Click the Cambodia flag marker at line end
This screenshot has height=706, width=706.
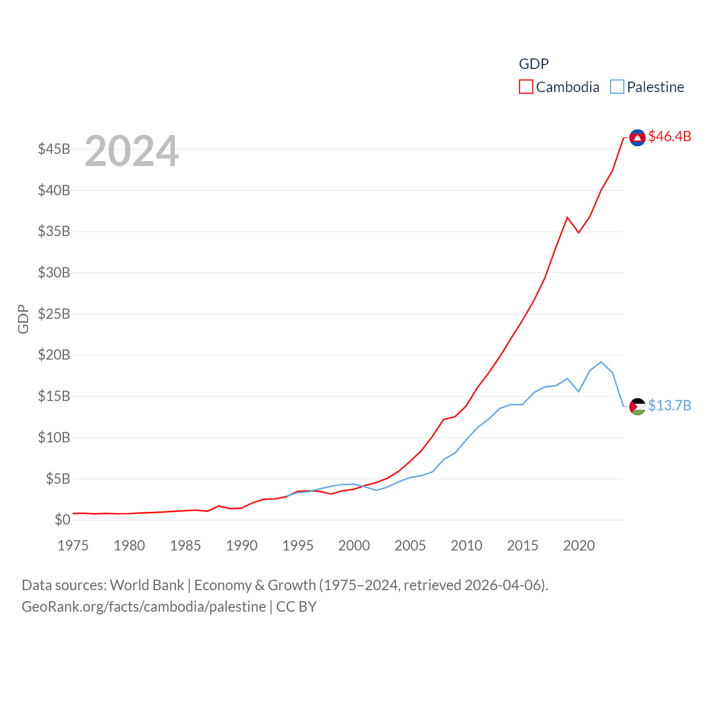(x=638, y=137)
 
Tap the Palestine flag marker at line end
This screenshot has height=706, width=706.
(x=638, y=407)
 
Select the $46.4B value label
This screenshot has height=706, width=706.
(x=670, y=136)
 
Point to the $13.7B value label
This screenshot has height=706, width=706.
(x=670, y=405)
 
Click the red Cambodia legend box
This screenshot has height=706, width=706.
(x=526, y=87)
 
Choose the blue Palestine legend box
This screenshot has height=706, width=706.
(x=617, y=87)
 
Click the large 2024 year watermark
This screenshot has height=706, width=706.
(x=132, y=151)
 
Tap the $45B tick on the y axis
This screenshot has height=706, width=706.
(x=54, y=149)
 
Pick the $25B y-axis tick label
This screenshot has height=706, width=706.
(x=54, y=314)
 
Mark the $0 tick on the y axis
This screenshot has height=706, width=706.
(x=62, y=520)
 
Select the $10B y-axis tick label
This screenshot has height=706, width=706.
(x=54, y=437)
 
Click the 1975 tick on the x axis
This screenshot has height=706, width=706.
(x=73, y=545)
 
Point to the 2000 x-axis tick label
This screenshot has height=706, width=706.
(x=354, y=545)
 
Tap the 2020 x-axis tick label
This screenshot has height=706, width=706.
(x=579, y=545)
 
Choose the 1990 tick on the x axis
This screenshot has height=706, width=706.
(x=242, y=545)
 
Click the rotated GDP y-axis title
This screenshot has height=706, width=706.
(x=23, y=319)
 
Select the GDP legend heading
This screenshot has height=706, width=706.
(x=534, y=64)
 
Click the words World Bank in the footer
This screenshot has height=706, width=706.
(x=147, y=585)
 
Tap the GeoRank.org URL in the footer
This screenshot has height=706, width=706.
(x=143, y=607)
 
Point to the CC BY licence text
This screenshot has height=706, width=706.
(x=296, y=607)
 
